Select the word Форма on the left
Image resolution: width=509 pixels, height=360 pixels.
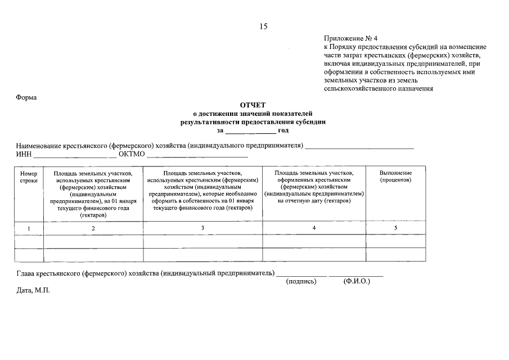(26, 97)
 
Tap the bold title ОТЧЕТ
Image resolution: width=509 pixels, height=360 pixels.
(253, 105)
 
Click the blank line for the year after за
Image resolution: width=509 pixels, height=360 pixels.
(250, 131)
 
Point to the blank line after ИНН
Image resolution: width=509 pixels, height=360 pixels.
(75, 155)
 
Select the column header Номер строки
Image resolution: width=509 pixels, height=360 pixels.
(29, 177)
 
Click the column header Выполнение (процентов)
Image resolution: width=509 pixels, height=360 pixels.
(395, 176)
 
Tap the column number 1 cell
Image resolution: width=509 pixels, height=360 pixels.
(29, 228)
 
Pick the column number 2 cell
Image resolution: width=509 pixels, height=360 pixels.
(93, 228)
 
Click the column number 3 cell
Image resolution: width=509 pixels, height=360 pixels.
(202, 227)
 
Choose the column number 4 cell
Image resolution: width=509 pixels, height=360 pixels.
(314, 227)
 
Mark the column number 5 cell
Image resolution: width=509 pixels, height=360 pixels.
(395, 227)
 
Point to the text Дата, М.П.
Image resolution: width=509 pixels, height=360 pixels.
(33, 292)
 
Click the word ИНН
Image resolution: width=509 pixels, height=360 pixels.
(24, 155)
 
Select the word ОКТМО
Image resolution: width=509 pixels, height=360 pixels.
(132, 155)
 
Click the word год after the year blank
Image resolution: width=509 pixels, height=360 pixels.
(283, 130)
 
